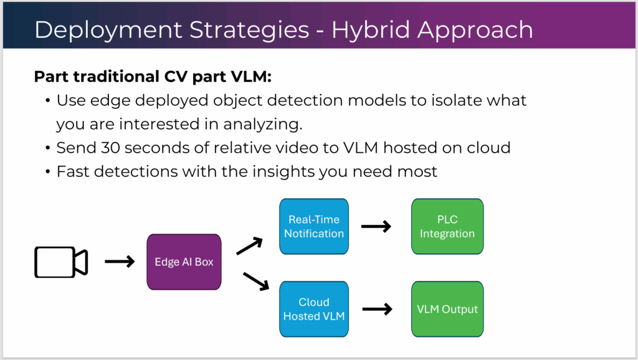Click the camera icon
tap(60, 262)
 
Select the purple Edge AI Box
tap(184, 262)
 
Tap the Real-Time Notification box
tap(314, 226)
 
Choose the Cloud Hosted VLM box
tap(314, 309)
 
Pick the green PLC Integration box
tap(447, 226)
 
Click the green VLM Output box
tap(447, 309)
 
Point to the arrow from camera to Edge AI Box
tap(120, 262)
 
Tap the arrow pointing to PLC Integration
tap(376, 227)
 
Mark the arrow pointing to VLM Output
tap(376, 309)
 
